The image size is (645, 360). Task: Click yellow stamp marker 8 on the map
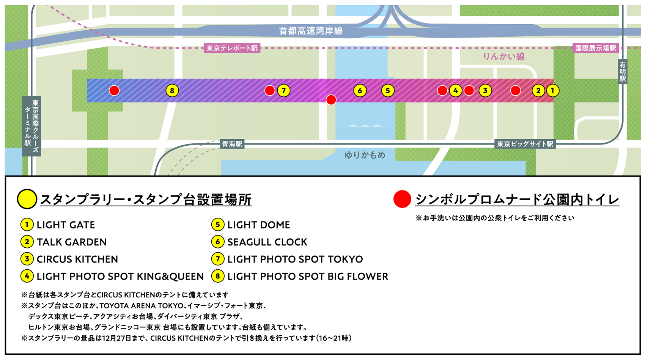(172, 91)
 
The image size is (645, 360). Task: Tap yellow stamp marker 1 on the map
(552, 91)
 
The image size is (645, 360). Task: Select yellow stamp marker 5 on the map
(387, 91)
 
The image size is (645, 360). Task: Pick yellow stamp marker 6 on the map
(360, 91)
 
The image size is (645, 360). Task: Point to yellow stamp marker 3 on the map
(485, 91)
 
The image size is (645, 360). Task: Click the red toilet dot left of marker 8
(114, 91)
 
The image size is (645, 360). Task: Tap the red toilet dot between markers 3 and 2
(515, 91)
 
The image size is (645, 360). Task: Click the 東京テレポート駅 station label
(232, 48)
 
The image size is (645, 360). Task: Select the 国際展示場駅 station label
(595, 48)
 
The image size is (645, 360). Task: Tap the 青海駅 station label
(232, 144)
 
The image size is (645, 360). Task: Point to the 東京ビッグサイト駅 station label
(525, 144)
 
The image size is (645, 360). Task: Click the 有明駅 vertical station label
(622, 72)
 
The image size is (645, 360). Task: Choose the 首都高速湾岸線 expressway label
(311, 31)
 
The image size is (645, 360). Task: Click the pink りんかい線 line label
(503, 57)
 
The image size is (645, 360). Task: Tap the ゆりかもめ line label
(365, 155)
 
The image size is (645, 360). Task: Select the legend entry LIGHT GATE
(66, 225)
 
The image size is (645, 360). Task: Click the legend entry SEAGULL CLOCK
(267, 242)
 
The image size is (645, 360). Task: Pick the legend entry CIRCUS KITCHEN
(77, 259)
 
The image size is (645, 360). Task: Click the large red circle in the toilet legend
(402, 199)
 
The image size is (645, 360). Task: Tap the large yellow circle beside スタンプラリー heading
(27, 199)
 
